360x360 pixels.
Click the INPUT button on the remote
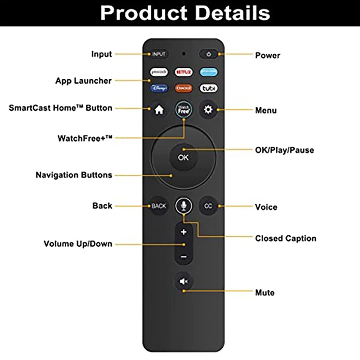159,54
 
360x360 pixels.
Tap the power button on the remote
208,54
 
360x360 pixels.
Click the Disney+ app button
159,88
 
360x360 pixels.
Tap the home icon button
159,110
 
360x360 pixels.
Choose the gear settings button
208,110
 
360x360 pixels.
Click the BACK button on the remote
159,206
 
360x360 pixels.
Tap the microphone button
184,206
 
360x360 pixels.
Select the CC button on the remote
208,206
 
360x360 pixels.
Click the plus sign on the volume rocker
184,232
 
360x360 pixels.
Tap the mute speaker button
184,282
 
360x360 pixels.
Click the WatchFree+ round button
184,109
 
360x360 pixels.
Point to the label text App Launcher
83,81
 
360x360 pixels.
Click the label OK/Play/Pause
284,150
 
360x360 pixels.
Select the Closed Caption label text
286,238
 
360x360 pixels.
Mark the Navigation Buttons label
74,175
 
